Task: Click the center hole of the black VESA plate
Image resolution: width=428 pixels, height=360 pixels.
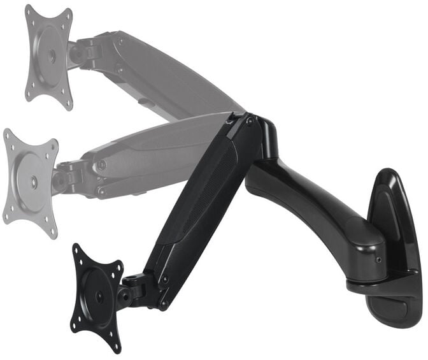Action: coord(99,297)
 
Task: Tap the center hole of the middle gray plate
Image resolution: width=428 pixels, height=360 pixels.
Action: coord(33,183)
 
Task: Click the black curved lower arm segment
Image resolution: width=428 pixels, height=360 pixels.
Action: coord(312,204)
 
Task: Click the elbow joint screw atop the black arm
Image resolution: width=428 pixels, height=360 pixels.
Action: coord(250,120)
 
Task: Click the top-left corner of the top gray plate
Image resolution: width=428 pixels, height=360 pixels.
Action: coord(29,10)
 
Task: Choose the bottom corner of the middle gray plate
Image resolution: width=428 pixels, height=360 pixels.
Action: coord(53,233)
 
